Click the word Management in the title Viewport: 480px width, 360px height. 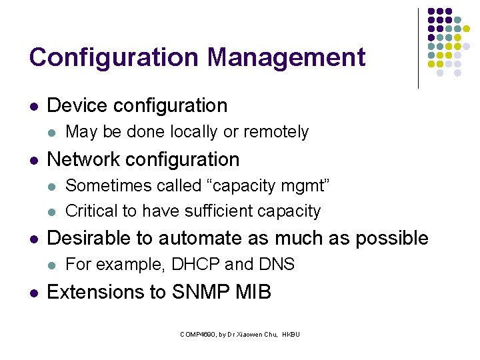coord(286,57)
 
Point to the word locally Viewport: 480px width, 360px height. coord(194,132)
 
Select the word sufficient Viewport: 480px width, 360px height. coord(200,211)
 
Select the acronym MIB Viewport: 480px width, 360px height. coord(253,292)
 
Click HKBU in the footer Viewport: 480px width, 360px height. coord(291,334)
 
